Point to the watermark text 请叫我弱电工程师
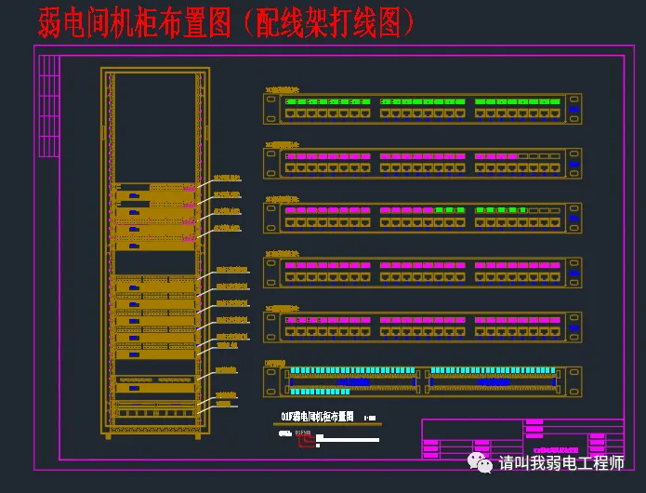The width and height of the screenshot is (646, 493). pyautogui.click(x=560, y=463)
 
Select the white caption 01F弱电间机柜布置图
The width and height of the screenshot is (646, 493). pyautogui.click(x=318, y=417)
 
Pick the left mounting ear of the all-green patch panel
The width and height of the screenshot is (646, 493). pyautogui.click(x=271, y=108)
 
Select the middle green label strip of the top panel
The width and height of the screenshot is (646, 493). pyautogui.click(x=424, y=100)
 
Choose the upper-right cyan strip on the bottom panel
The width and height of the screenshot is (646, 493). pyautogui.click(x=491, y=370)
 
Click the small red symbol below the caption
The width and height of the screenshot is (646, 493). pyautogui.click(x=305, y=441)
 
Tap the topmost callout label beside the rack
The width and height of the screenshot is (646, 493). pyautogui.click(x=228, y=177)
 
